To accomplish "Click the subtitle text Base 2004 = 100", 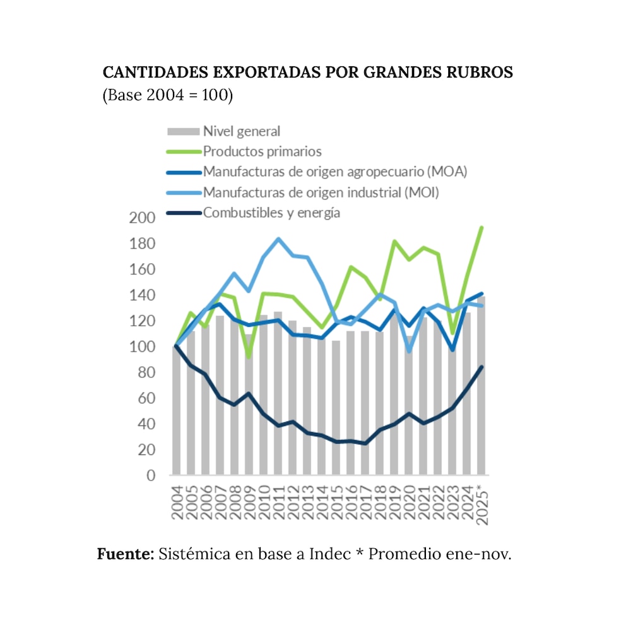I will pyautogui.click(x=168, y=96).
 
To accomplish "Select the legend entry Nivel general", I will pyautogui.click(x=241, y=131).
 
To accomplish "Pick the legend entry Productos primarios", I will pyautogui.click(x=262, y=151).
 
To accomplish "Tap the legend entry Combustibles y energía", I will pyautogui.click(x=271, y=212).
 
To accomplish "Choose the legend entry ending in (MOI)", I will pyautogui.click(x=320, y=192).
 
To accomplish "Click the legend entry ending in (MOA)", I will pyautogui.click(x=334, y=172).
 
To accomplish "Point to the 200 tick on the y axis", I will pyautogui.click(x=142, y=218).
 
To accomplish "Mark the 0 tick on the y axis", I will pyautogui.click(x=151, y=476).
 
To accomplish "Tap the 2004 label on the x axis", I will pyautogui.click(x=177, y=503).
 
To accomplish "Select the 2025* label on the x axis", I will pyautogui.click(x=482, y=505).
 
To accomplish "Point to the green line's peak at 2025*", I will pyautogui.click(x=482, y=227).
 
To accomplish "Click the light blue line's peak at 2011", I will pyautogui.click(x=278, y=239).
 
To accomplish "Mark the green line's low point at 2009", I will pyautogui.click(x=249, y=357).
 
